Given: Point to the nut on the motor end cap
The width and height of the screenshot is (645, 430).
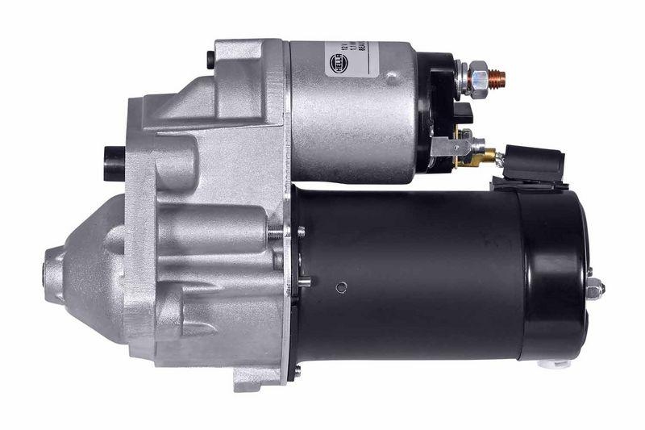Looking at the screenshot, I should [x=595, y=289].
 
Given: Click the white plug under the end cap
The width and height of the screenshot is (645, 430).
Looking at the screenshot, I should [x=556, y=364].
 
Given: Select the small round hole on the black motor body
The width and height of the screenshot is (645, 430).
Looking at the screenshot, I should [x=342, y=287].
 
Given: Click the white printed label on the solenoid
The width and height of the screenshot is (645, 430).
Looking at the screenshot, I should [x=347, y=61].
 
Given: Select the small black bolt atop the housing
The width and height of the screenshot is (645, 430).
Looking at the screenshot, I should [x=210, y=59].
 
